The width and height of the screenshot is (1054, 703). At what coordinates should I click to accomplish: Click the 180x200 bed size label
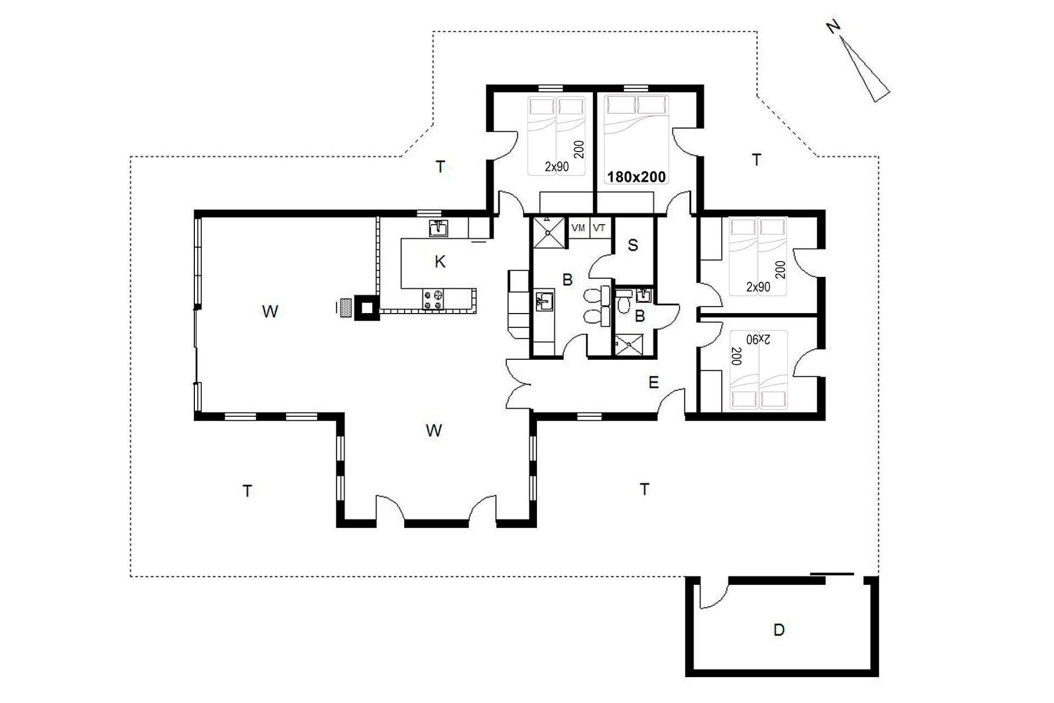pyautogui.click(x=636, y=177)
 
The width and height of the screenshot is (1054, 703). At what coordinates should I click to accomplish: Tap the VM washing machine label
pyautogui.click(x=578, y=227)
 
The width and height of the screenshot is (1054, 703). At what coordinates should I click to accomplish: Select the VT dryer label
pyautogui.click(x=599, y=227)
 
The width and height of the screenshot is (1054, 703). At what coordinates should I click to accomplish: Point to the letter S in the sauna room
pyautogui.click(x=633, y=246)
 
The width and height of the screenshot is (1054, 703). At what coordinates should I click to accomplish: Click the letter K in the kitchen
pyautogui.click(x=440, y=262)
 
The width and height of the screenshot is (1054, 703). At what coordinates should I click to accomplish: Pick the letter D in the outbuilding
pyautogui.click(x=778, y=630)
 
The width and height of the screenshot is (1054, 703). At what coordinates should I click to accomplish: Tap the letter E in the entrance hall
pyautogui.click(x=653, y=382)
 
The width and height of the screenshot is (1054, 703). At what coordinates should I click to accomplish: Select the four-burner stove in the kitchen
pyautogui.click(x=433, y=299)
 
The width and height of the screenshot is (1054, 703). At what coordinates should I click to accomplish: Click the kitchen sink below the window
pyautogui.click(x=438, y=228)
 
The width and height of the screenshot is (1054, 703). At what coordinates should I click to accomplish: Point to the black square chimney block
pyautogui.click(x=366, y=307)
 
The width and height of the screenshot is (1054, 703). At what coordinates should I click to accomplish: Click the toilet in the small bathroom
pyautogui.click(x=623, y=304)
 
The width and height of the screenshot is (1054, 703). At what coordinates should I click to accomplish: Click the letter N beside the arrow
pyautogui.click(x=834, y=27)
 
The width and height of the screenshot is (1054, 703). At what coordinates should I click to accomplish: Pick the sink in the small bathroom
pyautogui.click(x=644, y=295)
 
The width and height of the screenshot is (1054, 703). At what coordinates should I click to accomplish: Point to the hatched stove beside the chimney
pyautogui.click(x=345, y=307)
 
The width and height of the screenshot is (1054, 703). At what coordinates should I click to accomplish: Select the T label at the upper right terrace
pyautogui.click(x=756, y=160)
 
